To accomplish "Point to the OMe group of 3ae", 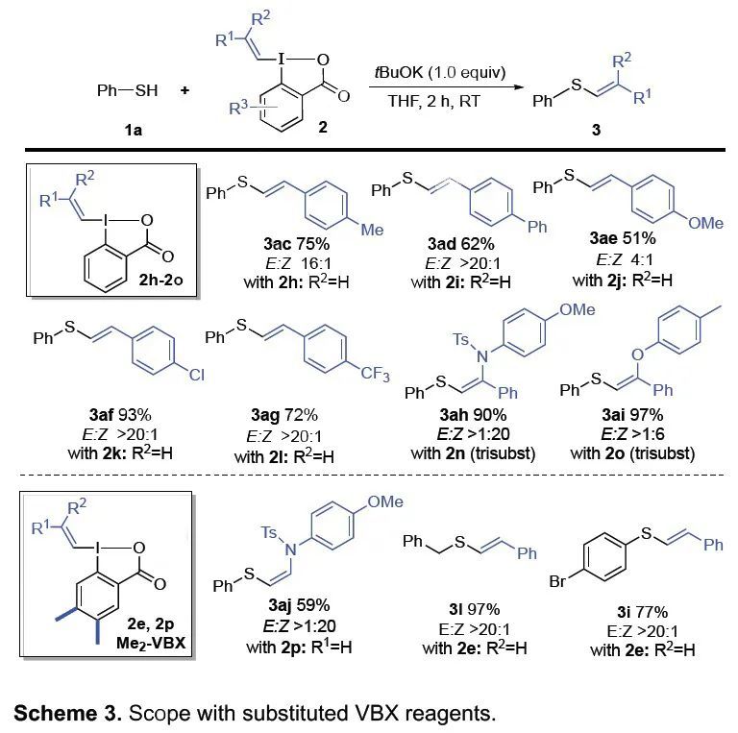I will pyautogui.click(x=705, y=222).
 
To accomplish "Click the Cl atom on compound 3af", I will pyautogui.click(x=196, y=375).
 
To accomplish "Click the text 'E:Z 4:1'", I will pyautogui.click(x=630, y=257).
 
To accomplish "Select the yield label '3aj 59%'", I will pyautogui.click(x=302, y=605).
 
